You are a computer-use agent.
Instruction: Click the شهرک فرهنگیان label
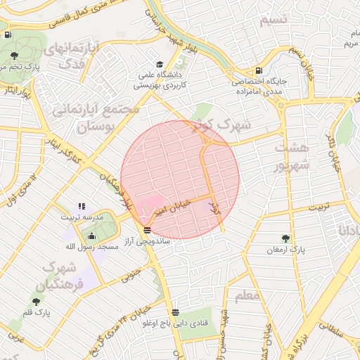point(63,276)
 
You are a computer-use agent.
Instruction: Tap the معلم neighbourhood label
point(247,296)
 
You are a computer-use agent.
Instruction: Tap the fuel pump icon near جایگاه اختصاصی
point(259,70)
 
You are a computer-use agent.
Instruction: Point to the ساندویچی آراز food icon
point(146,231)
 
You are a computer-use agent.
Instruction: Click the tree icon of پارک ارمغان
point(285,239)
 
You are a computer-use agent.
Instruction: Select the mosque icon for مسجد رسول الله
point(92,236)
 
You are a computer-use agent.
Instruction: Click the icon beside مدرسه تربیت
point(82,207)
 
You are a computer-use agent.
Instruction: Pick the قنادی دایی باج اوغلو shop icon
point(174,312)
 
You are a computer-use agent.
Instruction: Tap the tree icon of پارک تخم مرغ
point(15,56)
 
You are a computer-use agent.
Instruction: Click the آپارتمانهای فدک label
point(70,56)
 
